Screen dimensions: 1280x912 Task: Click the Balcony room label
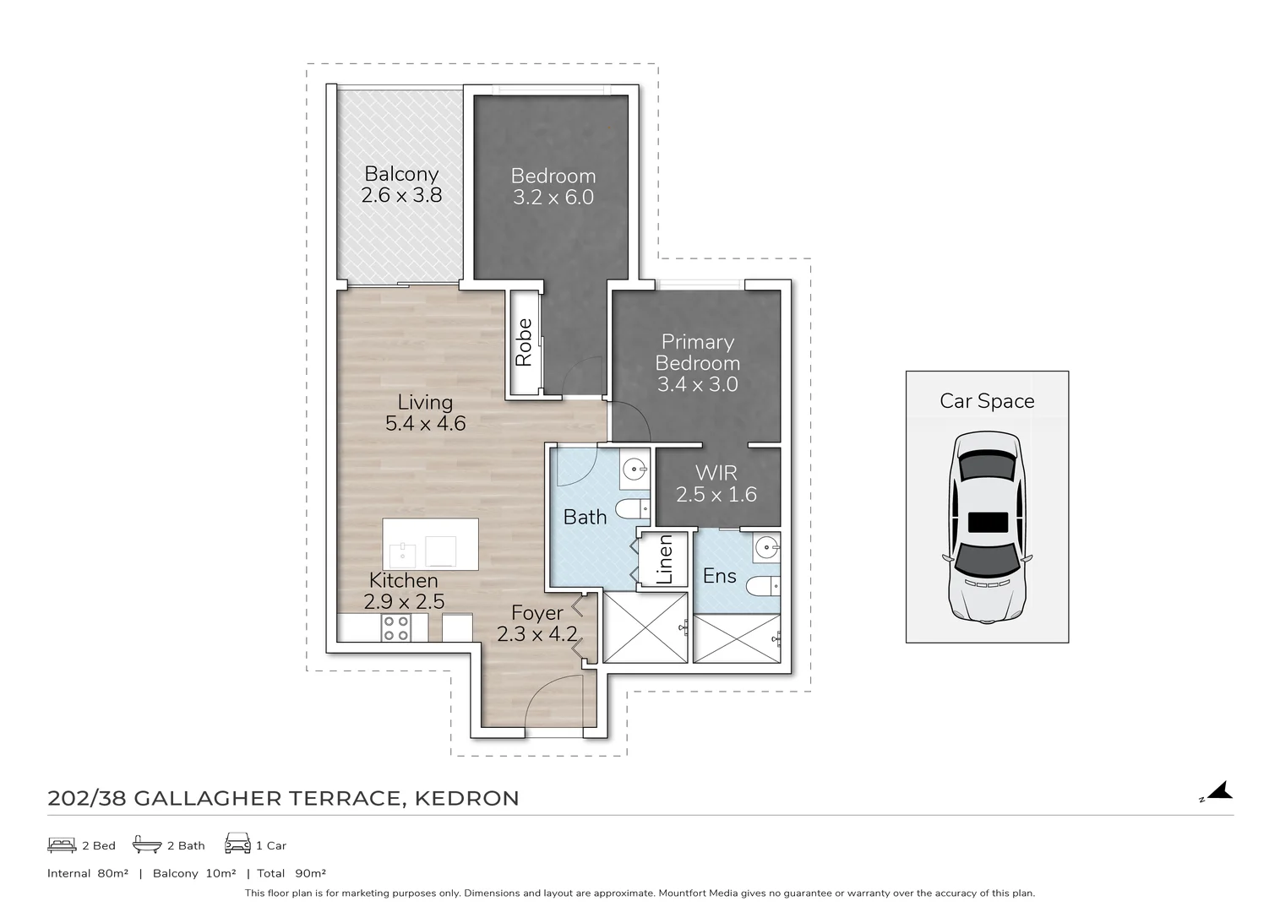[x=401, y=174]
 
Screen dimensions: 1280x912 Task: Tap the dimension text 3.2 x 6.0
[x=553, y=197]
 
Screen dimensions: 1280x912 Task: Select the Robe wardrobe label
[x=524, y=342]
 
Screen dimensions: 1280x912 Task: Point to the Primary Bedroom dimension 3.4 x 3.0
[x=698, y=384]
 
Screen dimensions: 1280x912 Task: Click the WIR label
[x=716, y=473]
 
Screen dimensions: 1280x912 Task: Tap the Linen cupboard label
[x=665, y=559]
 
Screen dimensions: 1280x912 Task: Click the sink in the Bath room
[x=635, y=470]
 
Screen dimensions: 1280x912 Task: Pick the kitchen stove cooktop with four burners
[x=396, y=627]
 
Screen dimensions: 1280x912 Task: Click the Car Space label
[x=987, y=401]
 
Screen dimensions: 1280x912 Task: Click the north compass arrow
[x=1220, y=791]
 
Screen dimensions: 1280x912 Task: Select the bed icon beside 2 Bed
[x=62, y=844]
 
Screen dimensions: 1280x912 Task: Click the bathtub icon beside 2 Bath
[x=147, y=844]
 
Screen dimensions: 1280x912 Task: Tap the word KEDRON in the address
[x=467, y=798]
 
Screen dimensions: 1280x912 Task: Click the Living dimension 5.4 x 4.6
[x=425, y=424]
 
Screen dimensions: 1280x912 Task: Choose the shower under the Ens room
[x=737, y=638]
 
